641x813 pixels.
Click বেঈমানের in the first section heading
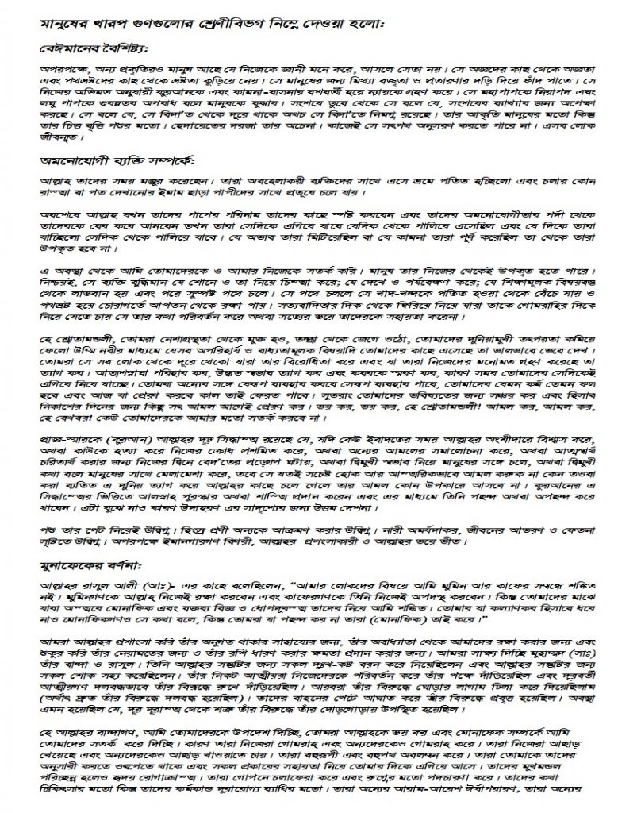tap(68, 48)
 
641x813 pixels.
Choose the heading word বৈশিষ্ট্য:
tap(125, 48)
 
